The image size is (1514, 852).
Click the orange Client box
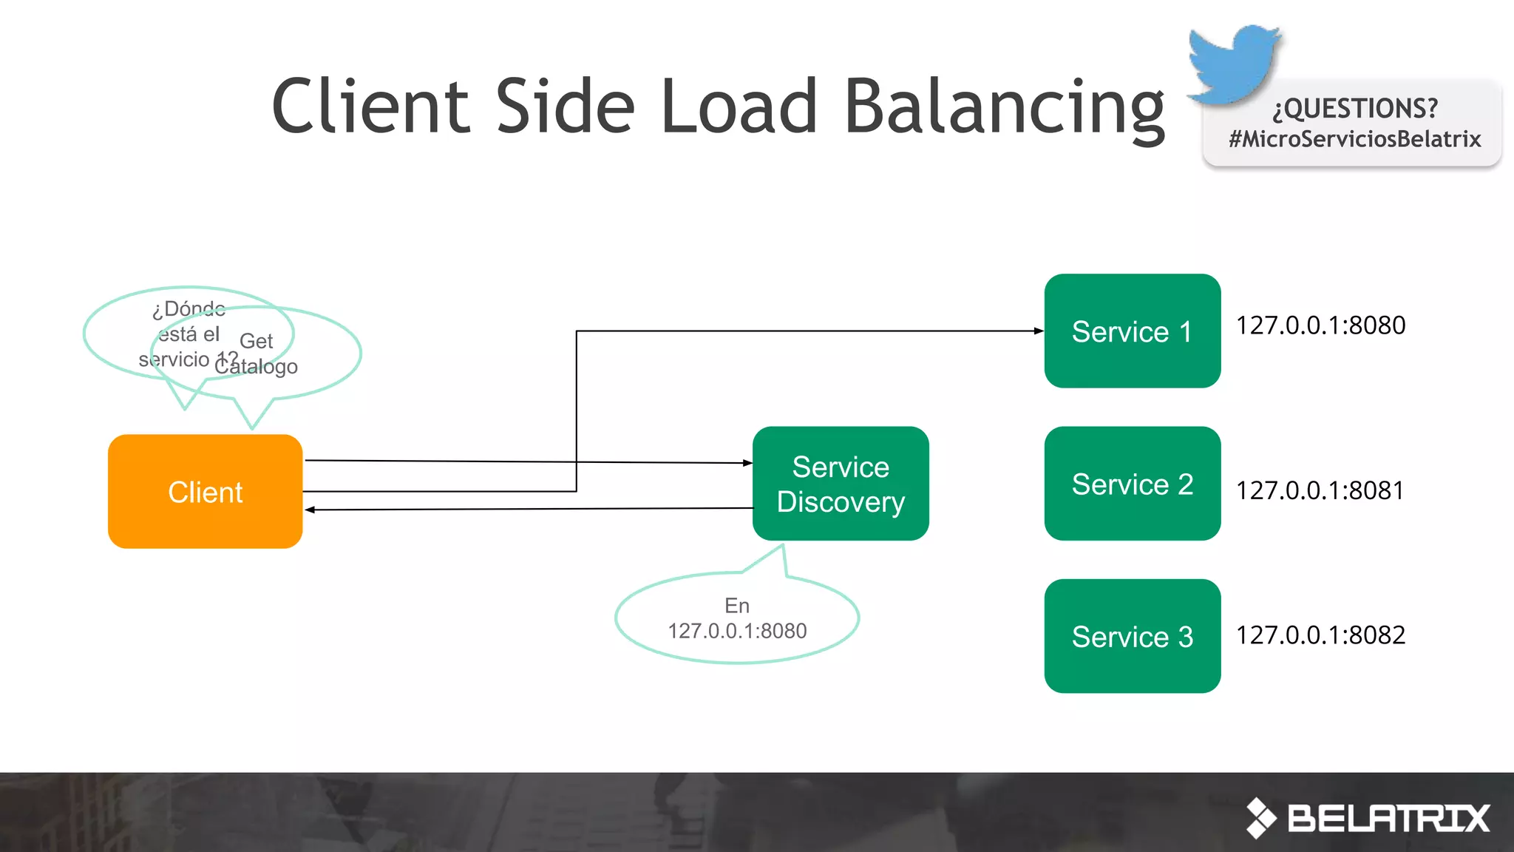(205, 491)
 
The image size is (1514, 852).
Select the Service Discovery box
(841, 484)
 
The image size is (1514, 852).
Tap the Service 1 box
(1132, 331)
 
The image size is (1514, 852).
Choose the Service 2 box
(1132, 484)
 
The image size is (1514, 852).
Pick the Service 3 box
(1132, 636)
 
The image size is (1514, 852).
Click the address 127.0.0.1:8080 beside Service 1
(1320, 325)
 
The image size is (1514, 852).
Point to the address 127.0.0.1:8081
(1320, 490)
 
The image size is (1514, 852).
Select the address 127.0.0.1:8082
(1320, 635)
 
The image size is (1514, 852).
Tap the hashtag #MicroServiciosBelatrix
(1354, 139)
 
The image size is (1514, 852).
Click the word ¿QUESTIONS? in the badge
(1354, 109)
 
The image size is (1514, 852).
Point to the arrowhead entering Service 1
(1039, 331)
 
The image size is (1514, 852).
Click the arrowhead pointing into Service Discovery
(747, 463)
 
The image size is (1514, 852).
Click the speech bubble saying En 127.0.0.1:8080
(737, 618)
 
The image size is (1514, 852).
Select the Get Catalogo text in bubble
(257, 354)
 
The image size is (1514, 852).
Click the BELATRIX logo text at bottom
(1388, 818)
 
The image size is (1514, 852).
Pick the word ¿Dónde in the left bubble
(189, 308)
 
